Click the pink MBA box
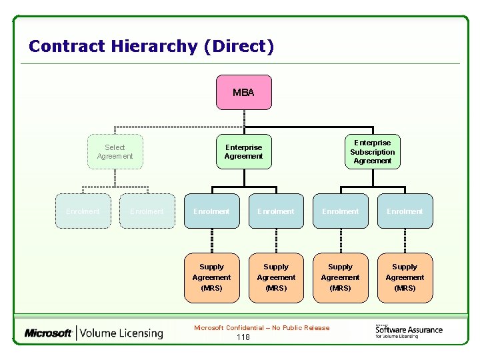pos(243,92)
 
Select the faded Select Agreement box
pos(115,152)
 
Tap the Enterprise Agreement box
pos(243,152)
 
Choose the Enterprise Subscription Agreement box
pos(373,152)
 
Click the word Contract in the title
pos(67,47)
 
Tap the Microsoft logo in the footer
pos(48,333)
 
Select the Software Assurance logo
pos(408,331)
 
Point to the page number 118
pos(243,337)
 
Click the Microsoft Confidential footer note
pos(261,327)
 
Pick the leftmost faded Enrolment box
pos(83,211)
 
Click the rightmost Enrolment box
pos(405,211)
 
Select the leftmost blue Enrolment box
pos(211,211)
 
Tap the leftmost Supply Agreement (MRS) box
pos(211,277)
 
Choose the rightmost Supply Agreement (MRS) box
pos(405,277)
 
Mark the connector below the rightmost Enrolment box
pos(405,241)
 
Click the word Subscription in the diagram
pos(373,152)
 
